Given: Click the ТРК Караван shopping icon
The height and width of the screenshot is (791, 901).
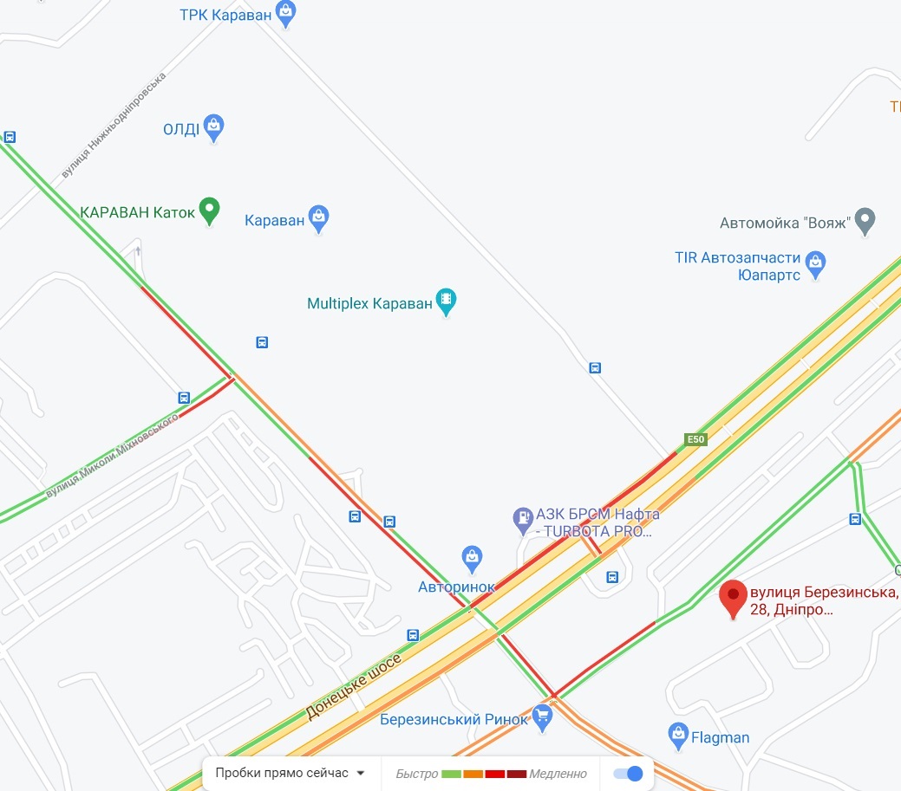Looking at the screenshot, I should [286, 13].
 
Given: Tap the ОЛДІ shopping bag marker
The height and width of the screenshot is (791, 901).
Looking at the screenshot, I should [214, 127].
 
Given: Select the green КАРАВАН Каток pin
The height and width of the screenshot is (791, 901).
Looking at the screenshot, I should [209, 210].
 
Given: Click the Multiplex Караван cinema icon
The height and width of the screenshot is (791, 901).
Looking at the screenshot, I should [446, 301].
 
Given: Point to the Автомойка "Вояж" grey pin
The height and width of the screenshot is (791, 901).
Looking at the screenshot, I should [865, 221].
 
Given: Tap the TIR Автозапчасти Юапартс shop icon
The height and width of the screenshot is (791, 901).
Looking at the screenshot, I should [815, 263].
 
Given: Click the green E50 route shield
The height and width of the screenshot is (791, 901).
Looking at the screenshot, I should [695, 440].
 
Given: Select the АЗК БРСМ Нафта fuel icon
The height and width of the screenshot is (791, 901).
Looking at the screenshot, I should [523, 520].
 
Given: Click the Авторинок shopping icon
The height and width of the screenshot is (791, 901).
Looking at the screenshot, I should [471, 557].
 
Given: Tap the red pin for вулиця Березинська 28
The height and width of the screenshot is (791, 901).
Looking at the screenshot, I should [735, 598].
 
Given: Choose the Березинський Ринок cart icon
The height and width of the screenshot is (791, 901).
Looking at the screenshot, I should [543, 716].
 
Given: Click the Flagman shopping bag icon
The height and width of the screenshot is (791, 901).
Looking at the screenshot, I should [678, 736].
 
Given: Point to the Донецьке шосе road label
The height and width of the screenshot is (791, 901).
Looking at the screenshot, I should [354, 688].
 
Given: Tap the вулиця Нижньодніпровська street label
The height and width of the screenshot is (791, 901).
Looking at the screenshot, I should [114, 126].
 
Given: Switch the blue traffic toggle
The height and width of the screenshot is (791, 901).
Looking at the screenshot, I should [628, 773].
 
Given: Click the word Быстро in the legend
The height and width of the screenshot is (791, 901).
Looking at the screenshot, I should [416, 774].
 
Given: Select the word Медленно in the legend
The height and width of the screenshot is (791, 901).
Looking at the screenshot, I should [558, 774].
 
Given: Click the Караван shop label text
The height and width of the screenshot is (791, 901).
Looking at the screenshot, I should [275, 220].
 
